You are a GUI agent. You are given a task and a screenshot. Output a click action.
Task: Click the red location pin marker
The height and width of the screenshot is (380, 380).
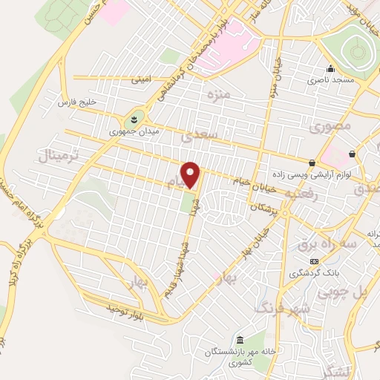191,174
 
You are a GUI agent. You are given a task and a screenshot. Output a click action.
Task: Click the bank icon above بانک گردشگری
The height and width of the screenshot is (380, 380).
314,261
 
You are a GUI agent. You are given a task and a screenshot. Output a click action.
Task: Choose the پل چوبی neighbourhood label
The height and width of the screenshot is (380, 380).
343,292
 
